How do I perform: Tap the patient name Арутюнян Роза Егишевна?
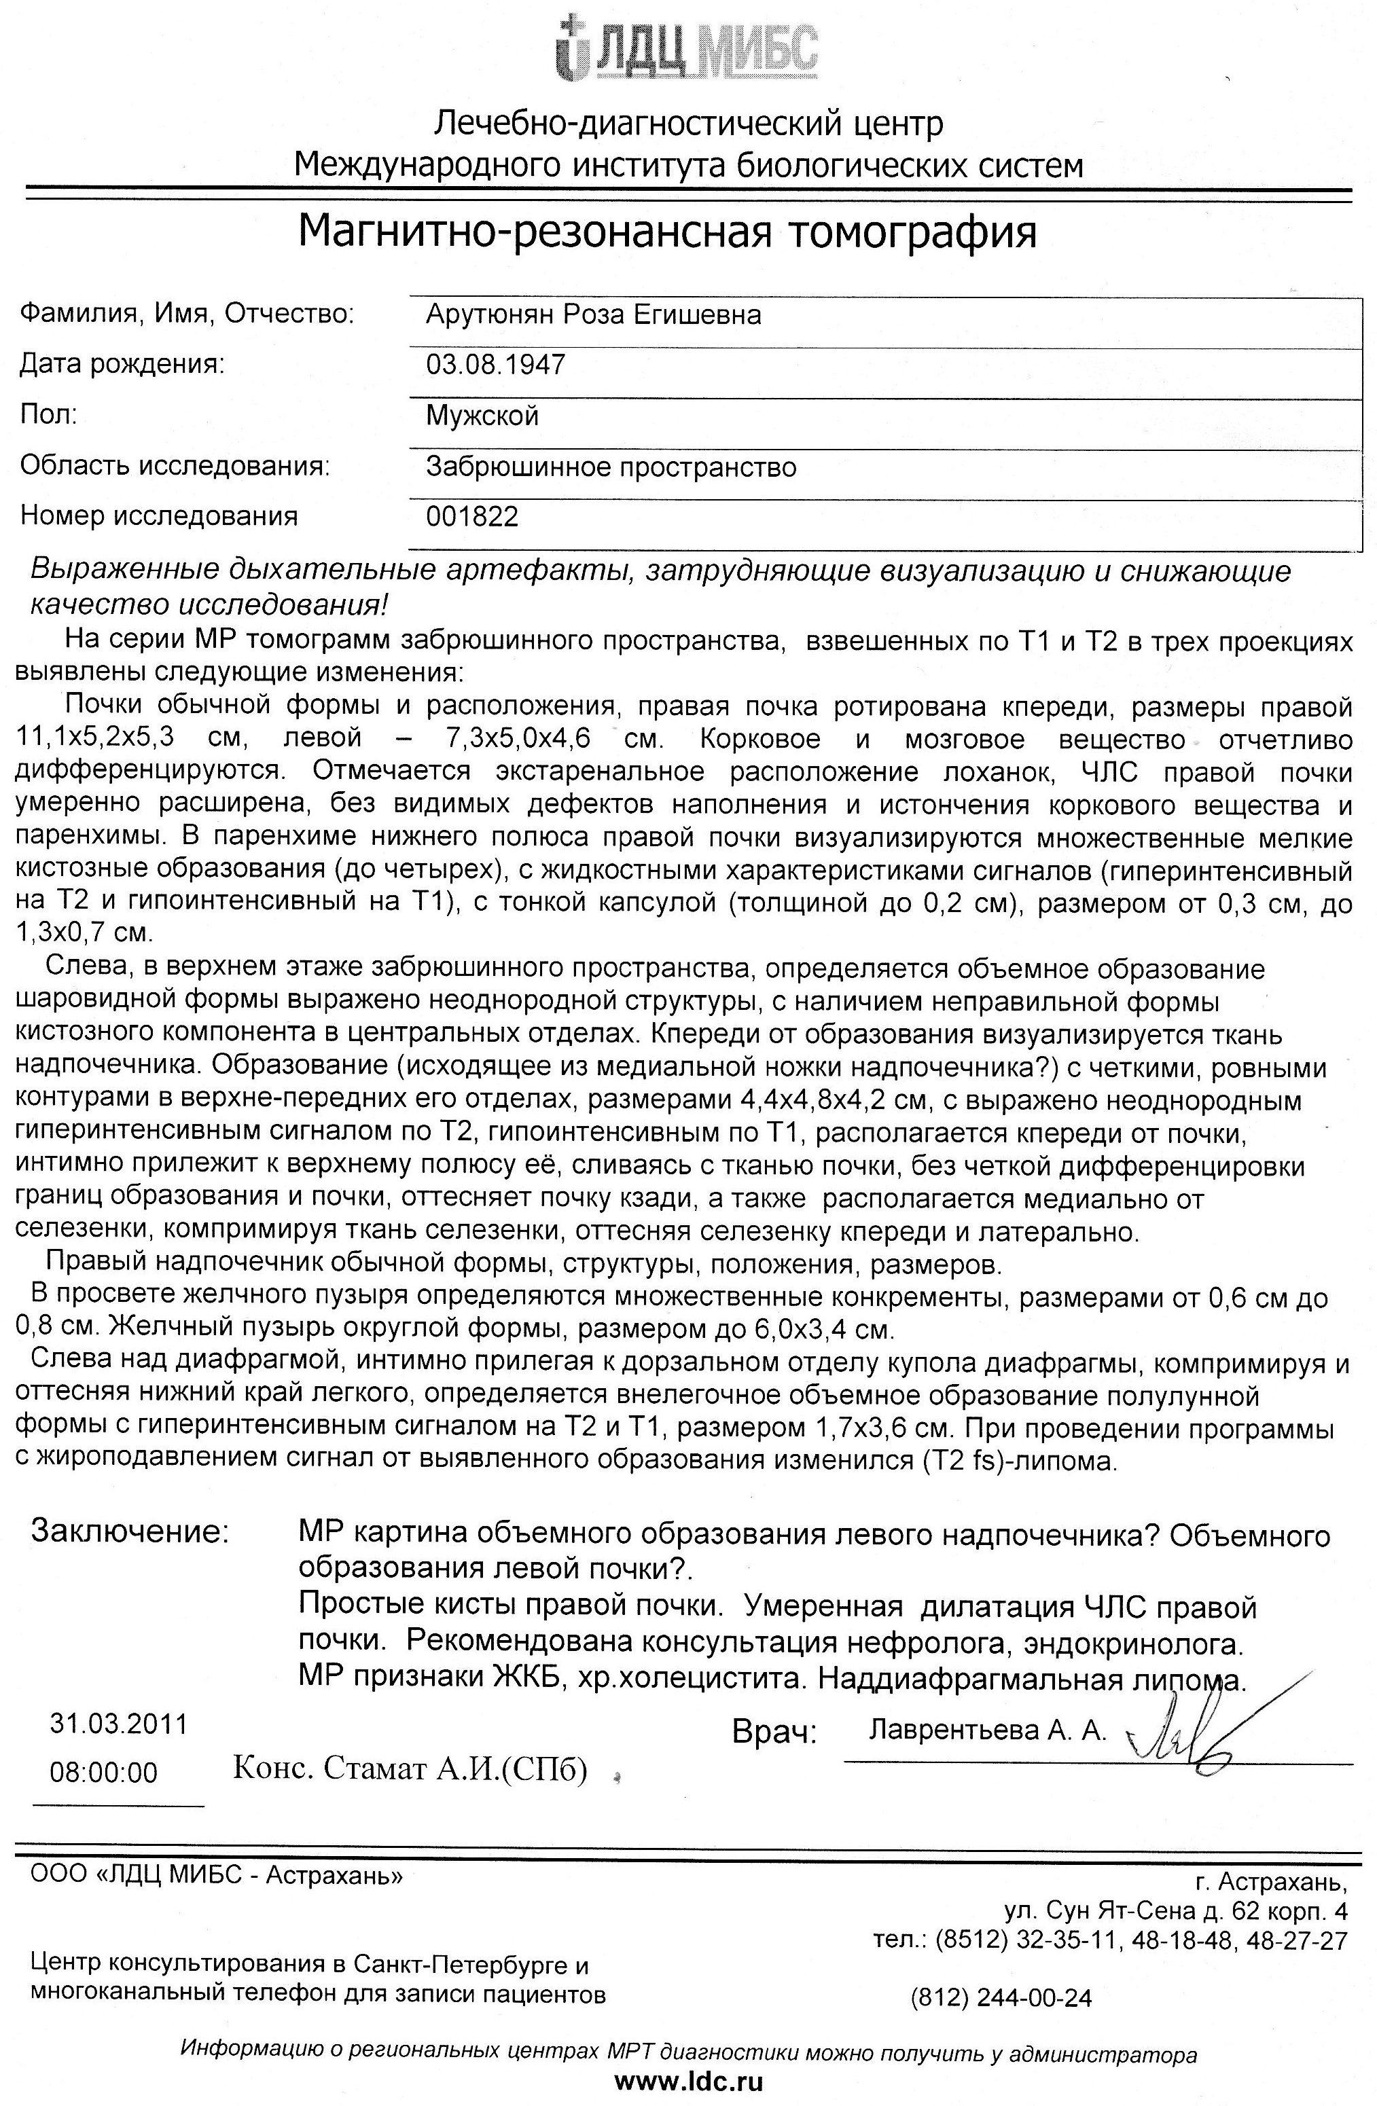tap(593, 314)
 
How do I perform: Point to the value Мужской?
tap(482, 415)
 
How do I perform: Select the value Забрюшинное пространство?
tap(611, 467)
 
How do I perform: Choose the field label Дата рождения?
tap(122, 364)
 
